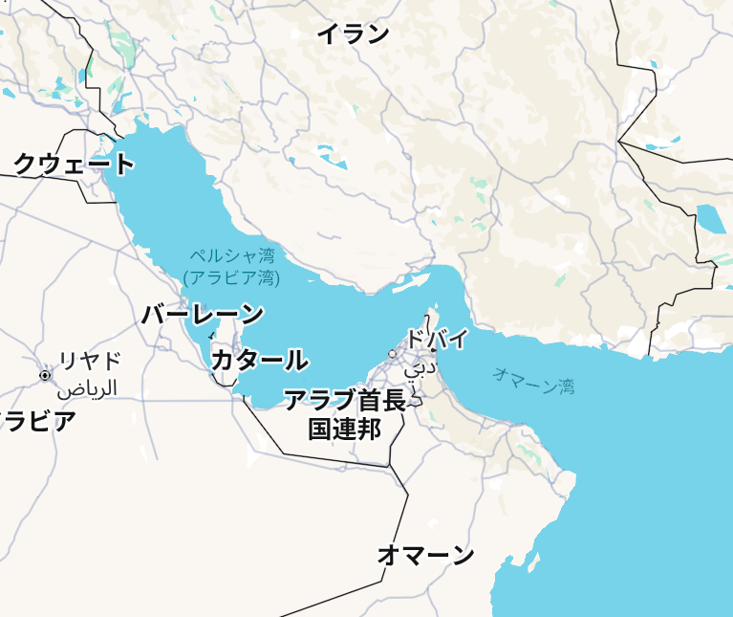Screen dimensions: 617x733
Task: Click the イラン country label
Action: pos(353,34)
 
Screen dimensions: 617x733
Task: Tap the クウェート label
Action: pos(74,165)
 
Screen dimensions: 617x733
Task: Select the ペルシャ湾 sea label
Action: pos(231,256)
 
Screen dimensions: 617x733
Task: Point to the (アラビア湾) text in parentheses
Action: pos(231,278)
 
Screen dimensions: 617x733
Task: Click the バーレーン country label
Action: pos(203,314)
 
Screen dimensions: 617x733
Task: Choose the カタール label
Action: pos(259,361)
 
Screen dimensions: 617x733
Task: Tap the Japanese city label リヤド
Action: pos(90,361)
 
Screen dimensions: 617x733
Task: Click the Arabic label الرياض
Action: pos(87,388)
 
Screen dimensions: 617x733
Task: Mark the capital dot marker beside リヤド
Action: pos(45,375)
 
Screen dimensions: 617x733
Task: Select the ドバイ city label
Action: pos(437,339)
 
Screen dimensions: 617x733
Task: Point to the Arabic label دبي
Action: pos(420,366)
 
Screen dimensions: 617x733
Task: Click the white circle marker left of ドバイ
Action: pos(392,354)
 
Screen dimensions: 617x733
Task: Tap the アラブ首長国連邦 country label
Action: pos(345,414)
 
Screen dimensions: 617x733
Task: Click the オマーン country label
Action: pos(425,554)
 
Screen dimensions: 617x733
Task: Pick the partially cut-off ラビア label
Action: pos(36,421)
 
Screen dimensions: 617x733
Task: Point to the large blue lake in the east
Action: pos(711,219)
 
